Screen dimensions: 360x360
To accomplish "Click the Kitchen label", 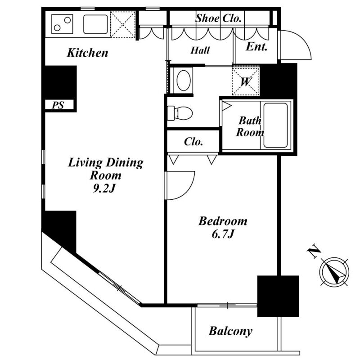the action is (87, 53).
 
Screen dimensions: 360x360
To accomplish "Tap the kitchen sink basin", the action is (95, 24).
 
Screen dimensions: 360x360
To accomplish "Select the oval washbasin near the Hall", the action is (184, 81).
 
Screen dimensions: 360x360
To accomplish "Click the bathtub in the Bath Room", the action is (275, 125).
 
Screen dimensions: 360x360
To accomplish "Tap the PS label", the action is (58, 105).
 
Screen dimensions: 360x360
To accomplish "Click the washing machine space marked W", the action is (246, 81).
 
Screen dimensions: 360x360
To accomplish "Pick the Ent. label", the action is (256, 47).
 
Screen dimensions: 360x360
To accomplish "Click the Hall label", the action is (200, 50).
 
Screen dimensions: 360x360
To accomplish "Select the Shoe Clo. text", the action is (218, 18).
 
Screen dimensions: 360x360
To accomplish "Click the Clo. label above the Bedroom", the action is (193, 142).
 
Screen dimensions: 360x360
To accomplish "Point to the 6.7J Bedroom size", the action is (223, 234).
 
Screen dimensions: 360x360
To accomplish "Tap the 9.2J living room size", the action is (104, 188).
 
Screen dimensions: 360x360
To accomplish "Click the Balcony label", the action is (230, 331).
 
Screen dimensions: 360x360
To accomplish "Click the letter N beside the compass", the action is (314, 252).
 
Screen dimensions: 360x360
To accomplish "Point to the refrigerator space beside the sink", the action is (123, 24).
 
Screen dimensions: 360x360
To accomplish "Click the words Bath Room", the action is (250, 126).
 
